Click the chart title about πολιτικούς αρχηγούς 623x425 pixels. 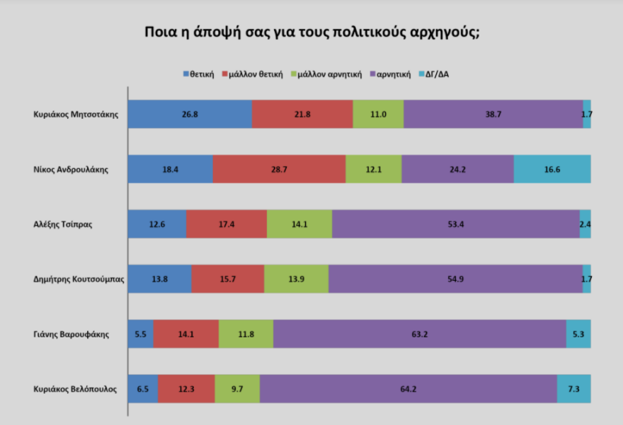[312, 33]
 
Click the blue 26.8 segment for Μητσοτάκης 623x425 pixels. [190, 114]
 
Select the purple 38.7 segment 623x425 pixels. [493, 114]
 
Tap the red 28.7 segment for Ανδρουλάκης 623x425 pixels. [279, 169]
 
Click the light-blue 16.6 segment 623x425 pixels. [552, 169]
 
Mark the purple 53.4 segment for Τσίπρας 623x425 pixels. [455, 224]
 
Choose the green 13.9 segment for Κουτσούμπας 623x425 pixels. [296, 279]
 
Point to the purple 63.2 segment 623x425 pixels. [419, 334]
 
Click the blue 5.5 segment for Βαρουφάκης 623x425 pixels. [140, 334]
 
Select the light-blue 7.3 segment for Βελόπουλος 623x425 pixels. [573, 389]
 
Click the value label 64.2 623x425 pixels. [408, 389]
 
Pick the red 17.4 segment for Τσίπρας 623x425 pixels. [227, 224]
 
